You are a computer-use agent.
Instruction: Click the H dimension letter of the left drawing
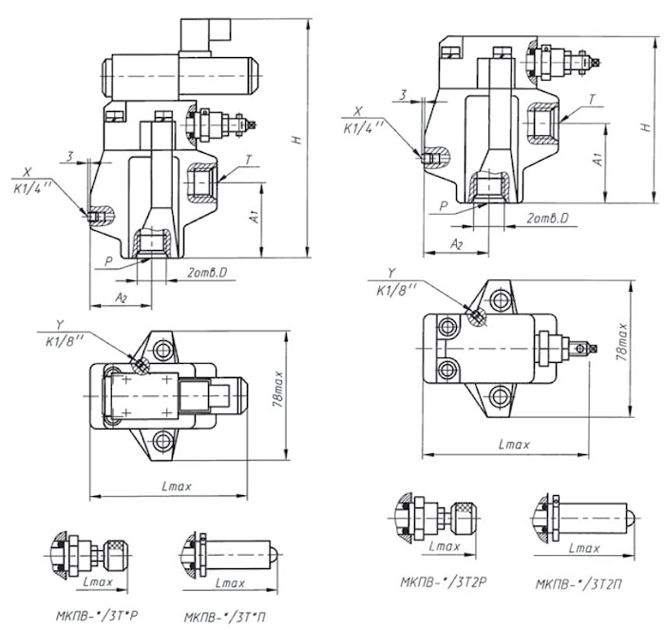(x=297, y=140)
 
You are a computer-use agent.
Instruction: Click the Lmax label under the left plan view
(x=177, y=487)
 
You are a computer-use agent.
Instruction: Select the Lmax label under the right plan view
(x=515, y=444)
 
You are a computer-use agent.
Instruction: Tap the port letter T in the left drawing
(x=248, y=162)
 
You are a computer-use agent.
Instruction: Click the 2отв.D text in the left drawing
(x=206, y=274)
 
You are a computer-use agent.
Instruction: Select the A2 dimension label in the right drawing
(x=456, y=245)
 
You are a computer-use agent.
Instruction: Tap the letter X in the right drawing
(x=357, y=110)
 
